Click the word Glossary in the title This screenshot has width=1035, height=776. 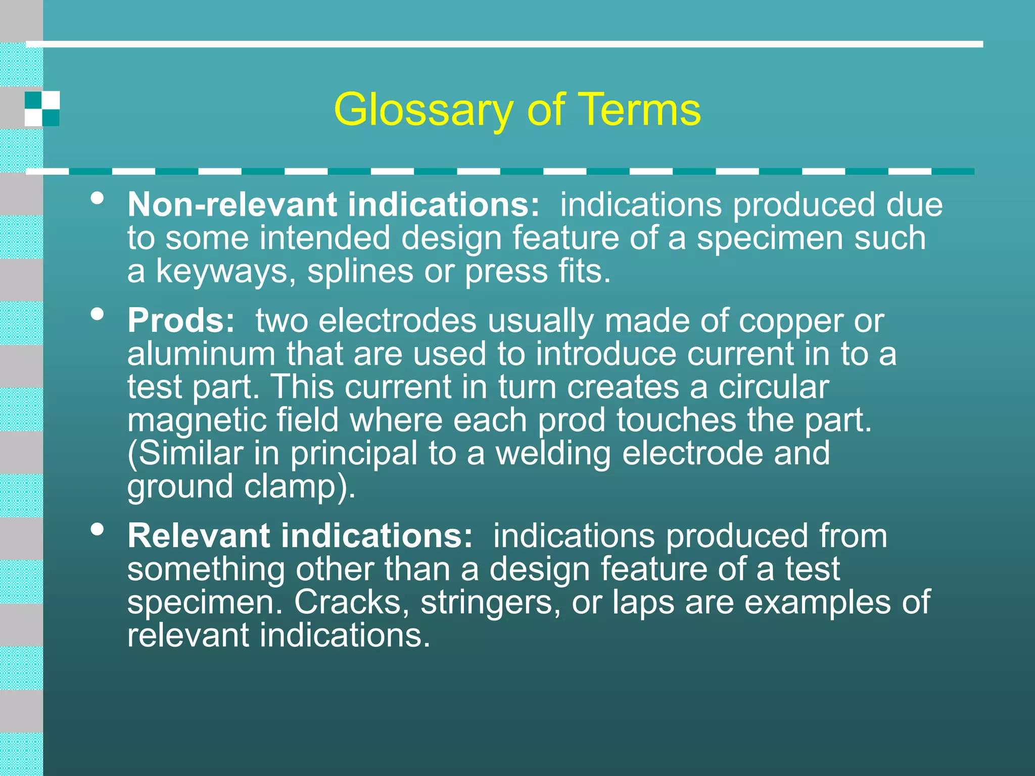(424, 110)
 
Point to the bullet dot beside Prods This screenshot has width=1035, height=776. (98, 314)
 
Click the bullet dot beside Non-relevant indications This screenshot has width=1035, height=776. (98, 198)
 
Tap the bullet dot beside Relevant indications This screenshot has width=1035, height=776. (98, 529)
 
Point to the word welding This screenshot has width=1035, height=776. (553, 454)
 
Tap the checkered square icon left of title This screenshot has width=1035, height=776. (42, 109)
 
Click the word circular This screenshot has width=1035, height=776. (773, 387)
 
